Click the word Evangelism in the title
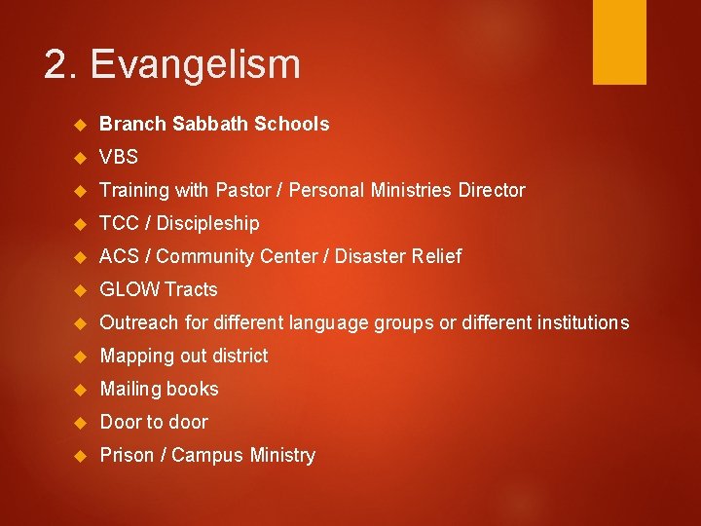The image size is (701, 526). pyautogui.click(x=196, y=65)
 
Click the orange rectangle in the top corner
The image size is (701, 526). pyautogui.click(x=619, y=41)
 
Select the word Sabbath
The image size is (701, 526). pyautogui.click(x=215, y=124)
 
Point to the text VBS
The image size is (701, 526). pyautogui.click(x=119, y=157)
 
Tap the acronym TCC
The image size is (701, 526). pyautogui.click(x=119, y=223)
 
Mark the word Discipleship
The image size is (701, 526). pyautogui.click(x=207, y=223)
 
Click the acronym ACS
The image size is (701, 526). pyautogui.click(x=120, y=256)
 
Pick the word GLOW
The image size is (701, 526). pyautogui.click(x=129, y=289)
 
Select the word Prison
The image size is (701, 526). pyautogui.click(x=127, y=455)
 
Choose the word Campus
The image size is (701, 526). pyautogui.click(x=204, y=455)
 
